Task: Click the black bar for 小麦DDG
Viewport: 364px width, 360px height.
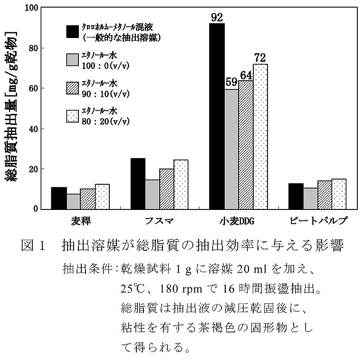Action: (217, 116)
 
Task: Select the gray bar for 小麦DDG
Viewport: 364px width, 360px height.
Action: (231, 149)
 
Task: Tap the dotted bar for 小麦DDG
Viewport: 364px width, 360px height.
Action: (260, 137)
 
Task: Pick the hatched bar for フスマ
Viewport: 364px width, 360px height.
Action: (166, 189)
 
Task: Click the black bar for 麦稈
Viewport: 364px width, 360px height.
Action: (59, 198)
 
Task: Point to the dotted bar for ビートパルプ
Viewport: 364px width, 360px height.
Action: (339, 194)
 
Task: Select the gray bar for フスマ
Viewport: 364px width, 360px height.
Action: (152, 194)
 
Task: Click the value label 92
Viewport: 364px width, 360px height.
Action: (217, 18)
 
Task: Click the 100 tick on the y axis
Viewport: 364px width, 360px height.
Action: (32, 8)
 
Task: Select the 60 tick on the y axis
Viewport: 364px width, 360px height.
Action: (35, 88)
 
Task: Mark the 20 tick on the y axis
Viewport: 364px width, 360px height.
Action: (35, 169)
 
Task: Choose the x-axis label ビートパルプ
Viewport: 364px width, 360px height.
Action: (318, 221)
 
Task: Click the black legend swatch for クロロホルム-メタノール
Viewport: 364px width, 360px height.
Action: (72, 31)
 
